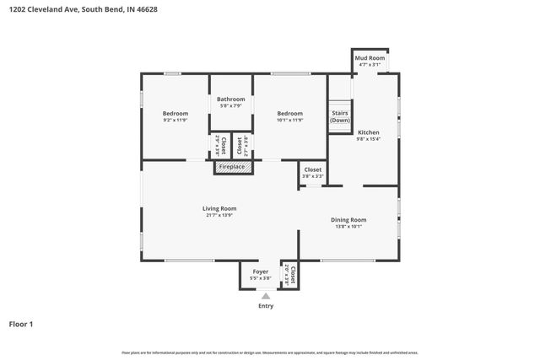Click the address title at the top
point(83,9)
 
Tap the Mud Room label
point(370,57)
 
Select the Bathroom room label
point(230,99)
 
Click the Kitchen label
point(369,132)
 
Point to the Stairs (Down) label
point(340,116)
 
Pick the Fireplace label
point(232,167)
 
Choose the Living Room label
point(219,208)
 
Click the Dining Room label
point(348,219)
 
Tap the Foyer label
point(261,271)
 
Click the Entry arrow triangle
point(266,296)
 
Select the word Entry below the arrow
point(266,306)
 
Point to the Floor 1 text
point(21,324)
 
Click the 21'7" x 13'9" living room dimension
point(219,215)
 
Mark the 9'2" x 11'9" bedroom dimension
point(175,120)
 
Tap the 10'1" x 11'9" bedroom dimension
point(289,120)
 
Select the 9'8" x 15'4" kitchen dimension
point(369,139)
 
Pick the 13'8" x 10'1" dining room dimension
point(348,226)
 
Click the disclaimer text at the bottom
point(270,352)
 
